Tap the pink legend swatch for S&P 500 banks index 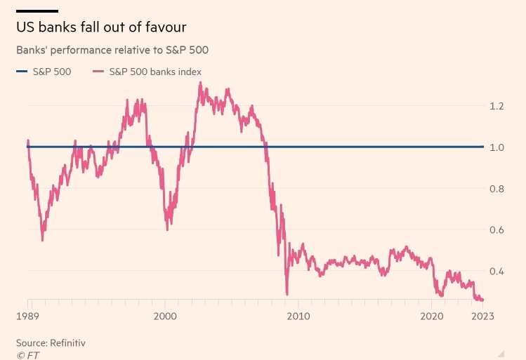click(98, 71)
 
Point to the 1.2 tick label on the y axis click(498, 106)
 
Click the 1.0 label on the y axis click(498, 147)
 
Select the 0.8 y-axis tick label click(498, 189)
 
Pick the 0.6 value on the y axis click(498, 230)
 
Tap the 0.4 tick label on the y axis click(498, 272)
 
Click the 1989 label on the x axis click(27, 316)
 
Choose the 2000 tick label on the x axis click(165, 316)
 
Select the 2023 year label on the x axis click(482, 316)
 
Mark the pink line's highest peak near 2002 click(200, 83)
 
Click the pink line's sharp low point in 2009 click(287, 293)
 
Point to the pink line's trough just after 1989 click(42, 240)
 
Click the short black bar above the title click(37, 11)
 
